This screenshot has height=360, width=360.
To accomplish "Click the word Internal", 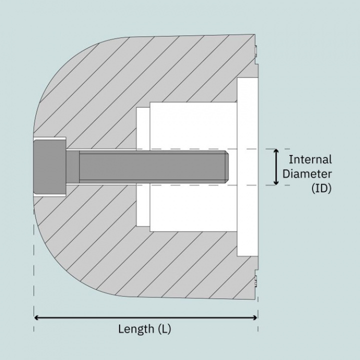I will (310, 160).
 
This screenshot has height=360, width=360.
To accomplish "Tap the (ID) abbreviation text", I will (321, 188).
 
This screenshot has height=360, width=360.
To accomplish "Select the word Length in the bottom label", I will (136, 329).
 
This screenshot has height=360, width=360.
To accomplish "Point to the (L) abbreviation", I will (164, 329).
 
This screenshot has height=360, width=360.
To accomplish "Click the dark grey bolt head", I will (49, 167).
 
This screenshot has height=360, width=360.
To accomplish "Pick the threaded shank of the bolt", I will (150, 167).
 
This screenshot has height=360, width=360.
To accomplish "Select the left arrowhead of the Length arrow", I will (36, 317).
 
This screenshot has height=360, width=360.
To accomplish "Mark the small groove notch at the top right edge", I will (255, 50).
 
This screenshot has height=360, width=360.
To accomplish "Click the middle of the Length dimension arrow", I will (145, 317).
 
